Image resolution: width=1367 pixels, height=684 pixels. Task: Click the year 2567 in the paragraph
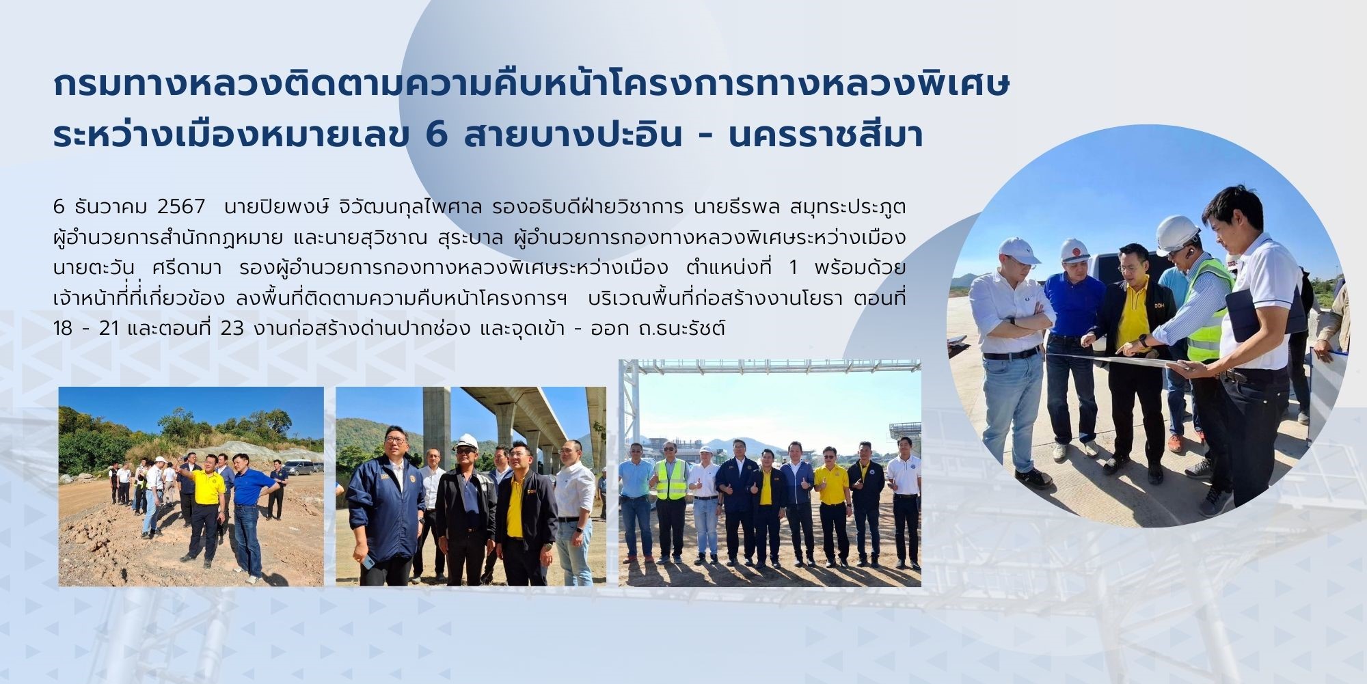pos(181,206)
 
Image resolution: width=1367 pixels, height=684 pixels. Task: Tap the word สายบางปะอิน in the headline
pos(573,133)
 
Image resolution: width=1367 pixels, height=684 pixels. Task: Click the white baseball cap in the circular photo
pos(1018,251)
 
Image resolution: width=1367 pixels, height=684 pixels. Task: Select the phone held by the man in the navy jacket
pos(368,561)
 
